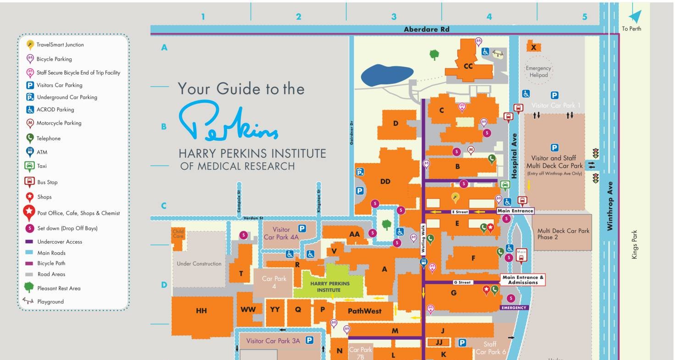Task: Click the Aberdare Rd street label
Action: click(426, 29)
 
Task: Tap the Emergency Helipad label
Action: click(538, 72)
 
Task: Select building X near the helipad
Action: click(533, 47)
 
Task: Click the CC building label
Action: click(468, 66)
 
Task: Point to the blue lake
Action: click(387, 75)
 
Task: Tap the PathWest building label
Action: click(364, 311)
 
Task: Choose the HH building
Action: click(201, 311)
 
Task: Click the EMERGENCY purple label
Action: click(514, 308)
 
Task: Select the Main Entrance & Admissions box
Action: click(522, 280)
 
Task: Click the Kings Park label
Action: click(635, 244)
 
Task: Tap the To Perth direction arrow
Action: click(635, 17)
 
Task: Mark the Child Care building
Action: click(178, 234)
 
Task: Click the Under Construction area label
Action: click(199, 264)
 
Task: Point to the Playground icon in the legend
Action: click(28, 301)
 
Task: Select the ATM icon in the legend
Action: click(29, 152)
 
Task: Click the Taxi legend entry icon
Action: click(29, 166)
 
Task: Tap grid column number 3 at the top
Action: click(394, 17)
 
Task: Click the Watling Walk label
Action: click(423, 239)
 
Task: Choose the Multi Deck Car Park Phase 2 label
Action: click(563, 233)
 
